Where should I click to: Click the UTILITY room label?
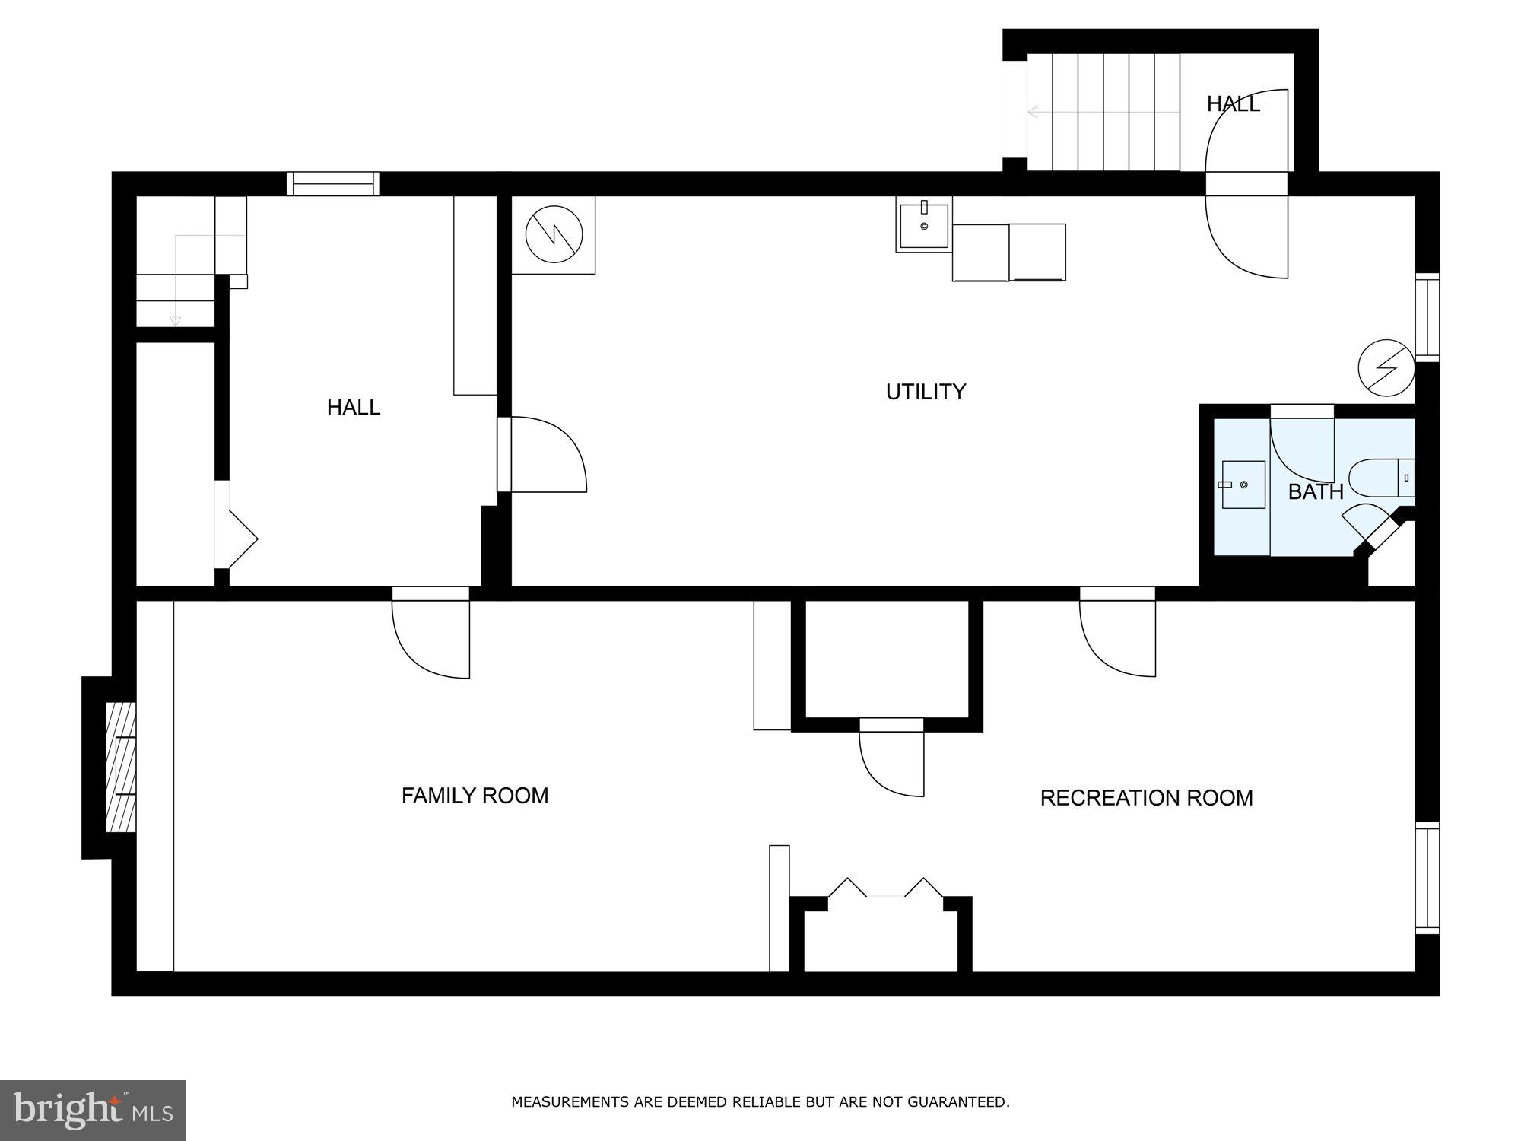(x=926, y=392)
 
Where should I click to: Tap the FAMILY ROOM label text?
(x=475, y=796)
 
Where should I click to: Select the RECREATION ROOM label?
(x=1146, y=798)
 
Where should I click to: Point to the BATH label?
(x=1316, y=492)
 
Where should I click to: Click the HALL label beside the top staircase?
(x=1233, y=104)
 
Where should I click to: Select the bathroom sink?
(x=1243, y=485)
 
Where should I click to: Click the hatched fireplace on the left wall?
(x=120, y=767)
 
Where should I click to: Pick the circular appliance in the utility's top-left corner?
(x=554, y=234)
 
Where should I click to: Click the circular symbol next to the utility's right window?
(x=1386, y=368)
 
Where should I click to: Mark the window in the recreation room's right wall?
(x=1427, y=878)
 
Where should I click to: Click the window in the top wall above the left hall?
(x=333, y=184)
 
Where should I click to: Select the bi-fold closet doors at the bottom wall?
(x=885, y=890)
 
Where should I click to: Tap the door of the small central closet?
(x=891, y=761)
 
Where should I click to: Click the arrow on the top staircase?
(x=1103, y=113)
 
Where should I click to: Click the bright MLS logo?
(x=93, y=1111)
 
